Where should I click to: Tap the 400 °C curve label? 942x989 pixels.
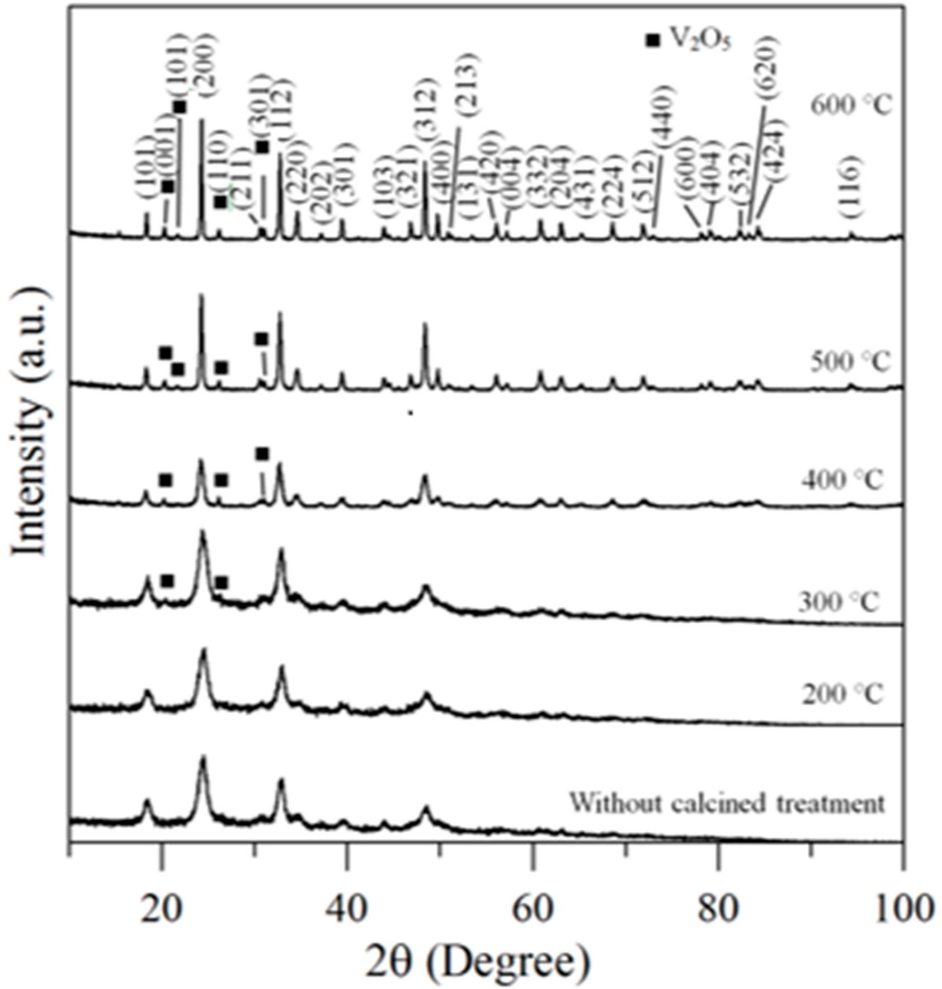[x=842, y=480]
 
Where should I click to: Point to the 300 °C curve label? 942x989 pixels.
[x=839, y=602]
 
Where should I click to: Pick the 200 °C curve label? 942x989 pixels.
[x=842, y=695]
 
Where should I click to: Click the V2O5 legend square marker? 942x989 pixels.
[x=652, y=40]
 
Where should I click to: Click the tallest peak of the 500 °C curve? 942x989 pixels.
[x=201, y=297]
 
